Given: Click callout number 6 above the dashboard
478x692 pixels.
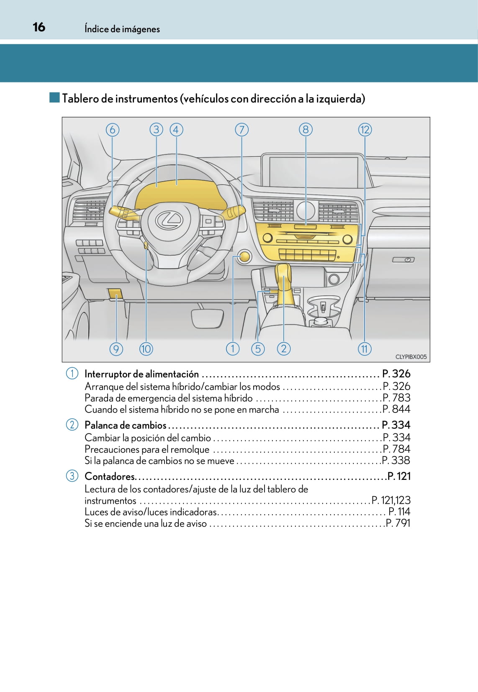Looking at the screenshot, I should coord(112,130).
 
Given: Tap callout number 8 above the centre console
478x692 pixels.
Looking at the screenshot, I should coord(306,130).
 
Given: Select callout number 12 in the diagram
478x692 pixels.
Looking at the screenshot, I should coord(365,130).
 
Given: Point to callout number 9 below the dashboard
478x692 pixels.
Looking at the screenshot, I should coord(116,349).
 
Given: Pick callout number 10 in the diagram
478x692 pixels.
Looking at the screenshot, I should coord(146,349).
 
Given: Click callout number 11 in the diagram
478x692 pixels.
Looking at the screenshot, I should coord(365,349).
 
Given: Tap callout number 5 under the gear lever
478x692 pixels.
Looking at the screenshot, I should coord(258,349).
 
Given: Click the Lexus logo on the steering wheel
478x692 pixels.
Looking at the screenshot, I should coord(170,219).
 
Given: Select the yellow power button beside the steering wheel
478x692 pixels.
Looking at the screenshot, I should coord(244,256).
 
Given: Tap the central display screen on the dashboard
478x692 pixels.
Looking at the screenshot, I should coord(314,172).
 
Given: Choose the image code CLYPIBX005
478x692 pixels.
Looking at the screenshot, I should coord(411,356).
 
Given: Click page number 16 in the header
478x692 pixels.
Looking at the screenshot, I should coord(39,27).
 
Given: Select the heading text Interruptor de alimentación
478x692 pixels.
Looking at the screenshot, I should coord(141,374).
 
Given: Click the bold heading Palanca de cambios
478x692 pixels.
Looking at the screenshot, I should coord(126,425).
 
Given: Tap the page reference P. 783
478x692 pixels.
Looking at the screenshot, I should coord(396,398).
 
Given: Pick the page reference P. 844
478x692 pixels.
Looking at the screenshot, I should coord(396,409).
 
